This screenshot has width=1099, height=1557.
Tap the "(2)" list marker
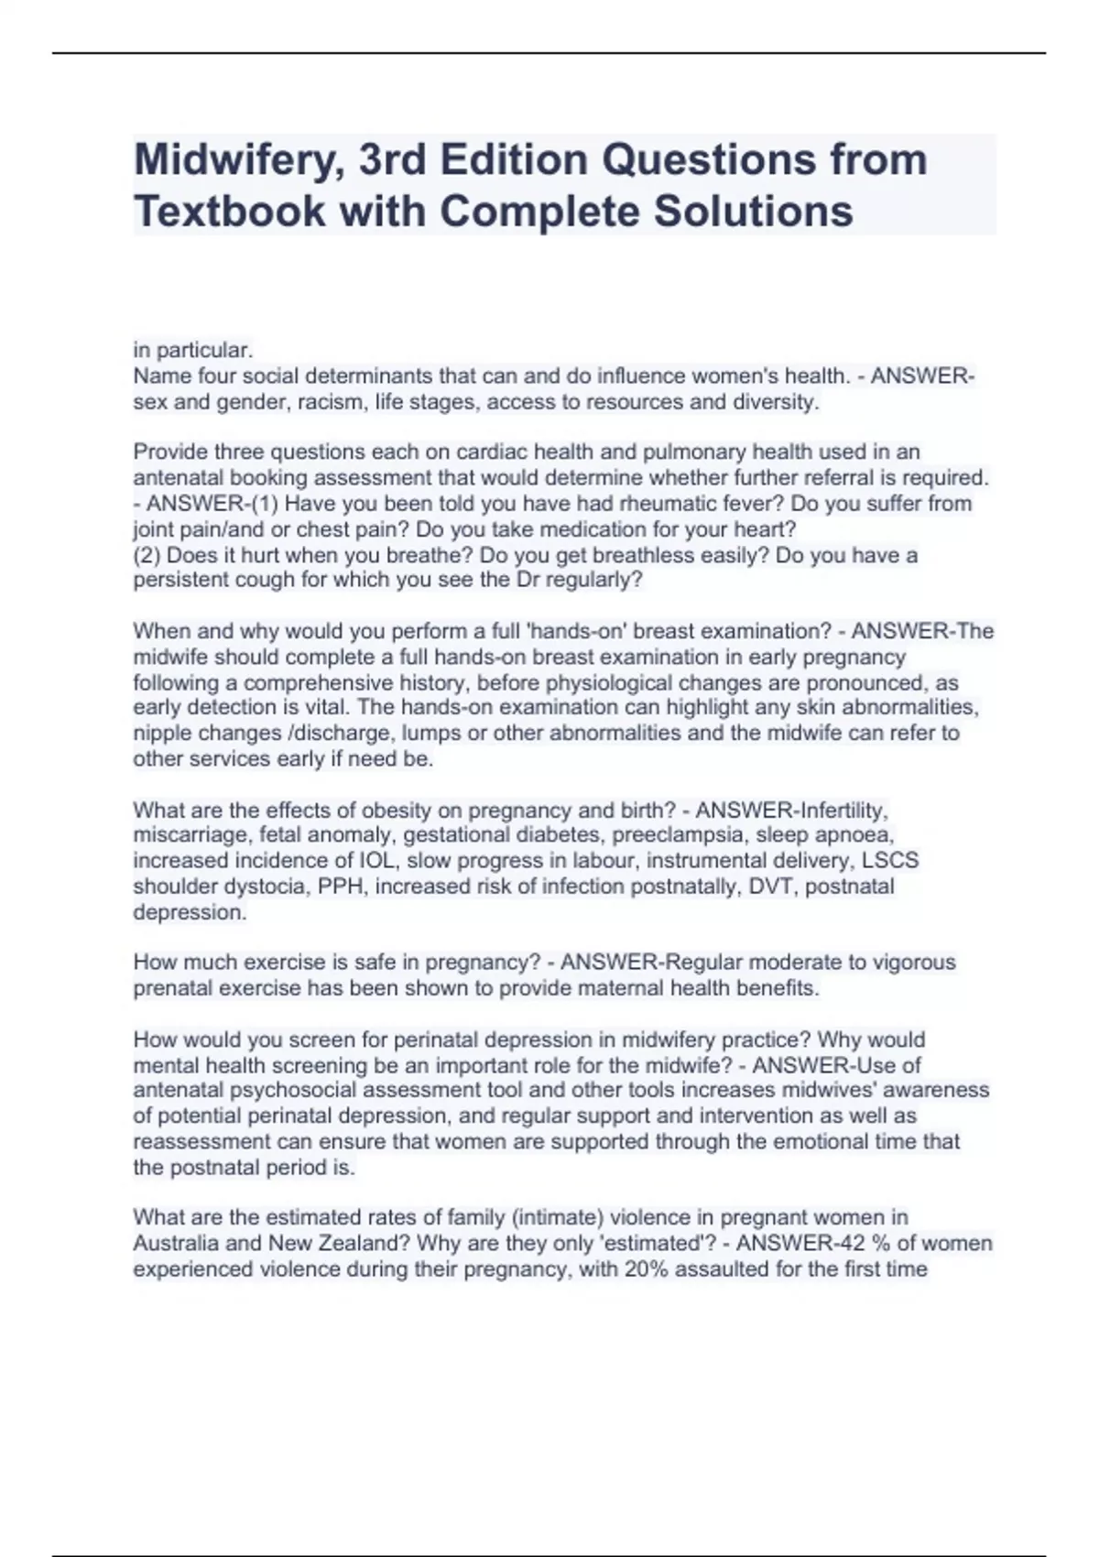click(x=147, y=555)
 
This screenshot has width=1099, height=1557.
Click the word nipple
click(x=162, y=734)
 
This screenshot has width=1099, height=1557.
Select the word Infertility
click(x=843, y=811)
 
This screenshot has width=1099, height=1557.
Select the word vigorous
click(x=912, y=963)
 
